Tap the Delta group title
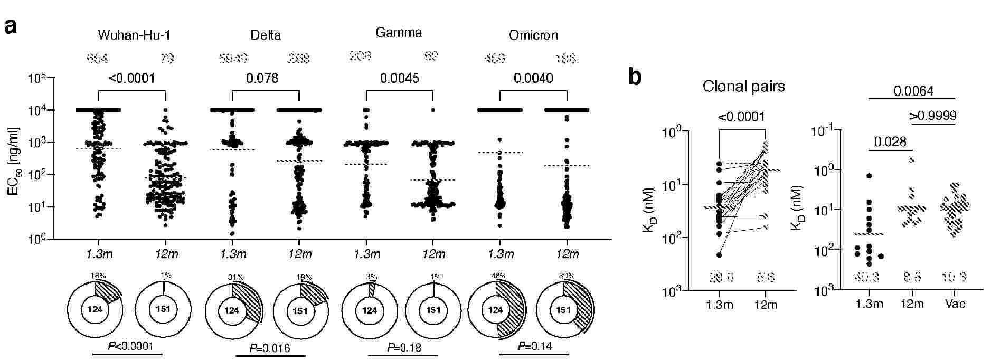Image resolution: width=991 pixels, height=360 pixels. pos(266,35)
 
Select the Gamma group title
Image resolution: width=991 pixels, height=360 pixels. pos(399,33)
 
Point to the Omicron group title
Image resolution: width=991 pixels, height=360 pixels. pos(533,35)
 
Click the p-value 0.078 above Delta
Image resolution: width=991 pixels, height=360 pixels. pos(262,79)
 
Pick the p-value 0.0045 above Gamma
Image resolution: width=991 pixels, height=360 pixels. pos(400,79)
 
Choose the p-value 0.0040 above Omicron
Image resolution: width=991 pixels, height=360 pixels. pos(533,79)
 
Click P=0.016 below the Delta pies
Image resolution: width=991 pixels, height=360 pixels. pos(270,348)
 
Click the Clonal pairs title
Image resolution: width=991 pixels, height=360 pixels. pos(743,87)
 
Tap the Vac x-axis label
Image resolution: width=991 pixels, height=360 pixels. pos(956,304)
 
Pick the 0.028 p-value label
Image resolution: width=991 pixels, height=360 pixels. pos(890,141)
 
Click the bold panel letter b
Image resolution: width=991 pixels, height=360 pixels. pos(635,77)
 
